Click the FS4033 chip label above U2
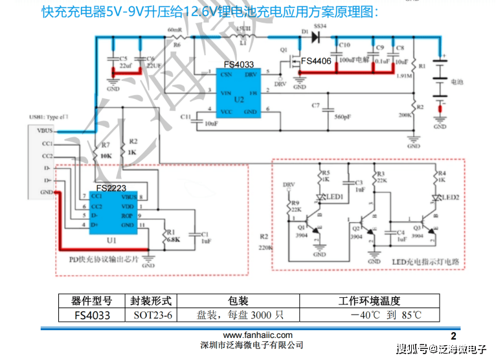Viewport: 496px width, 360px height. [239, 65]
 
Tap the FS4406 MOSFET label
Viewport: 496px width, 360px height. [316, 62]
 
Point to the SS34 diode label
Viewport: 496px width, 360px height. [319, 27]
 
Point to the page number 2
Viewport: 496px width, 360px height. [453, 335]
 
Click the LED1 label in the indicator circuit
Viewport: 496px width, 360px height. [335, 196]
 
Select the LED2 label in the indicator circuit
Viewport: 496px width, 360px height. [451, 196]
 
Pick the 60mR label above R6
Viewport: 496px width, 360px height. [174, 30]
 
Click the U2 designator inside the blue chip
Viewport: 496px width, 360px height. [240, 100]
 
